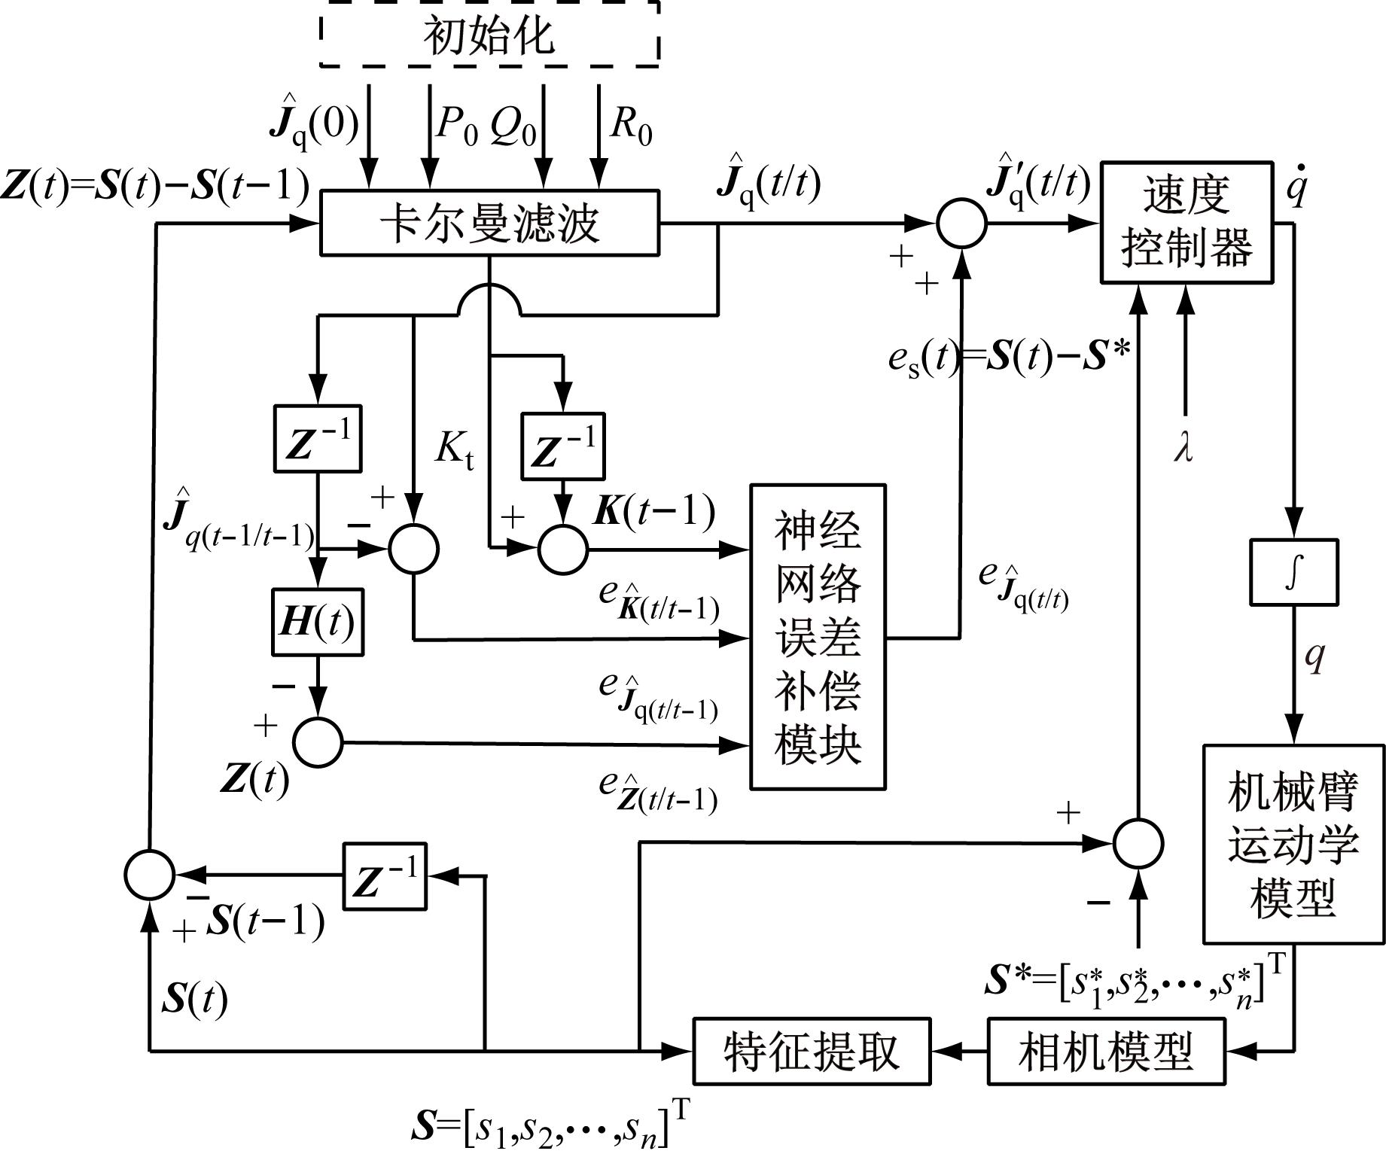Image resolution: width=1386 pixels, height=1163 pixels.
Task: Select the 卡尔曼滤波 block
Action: click(x=489, y=223)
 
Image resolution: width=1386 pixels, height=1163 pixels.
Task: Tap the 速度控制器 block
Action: click(x=1186, y=222)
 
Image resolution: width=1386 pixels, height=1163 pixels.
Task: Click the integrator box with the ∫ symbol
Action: click(x=1293, y=572)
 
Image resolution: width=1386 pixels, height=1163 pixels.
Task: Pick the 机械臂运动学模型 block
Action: click(x=1293, y=844)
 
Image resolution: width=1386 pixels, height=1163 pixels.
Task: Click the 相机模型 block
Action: click(x=1105, y=1051)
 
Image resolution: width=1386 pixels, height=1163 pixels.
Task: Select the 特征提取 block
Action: click(x=811, y=1051)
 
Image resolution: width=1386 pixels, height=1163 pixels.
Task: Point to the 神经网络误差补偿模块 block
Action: click(x=818, y=636)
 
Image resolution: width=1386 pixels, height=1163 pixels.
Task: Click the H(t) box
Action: click(x=317, y=622)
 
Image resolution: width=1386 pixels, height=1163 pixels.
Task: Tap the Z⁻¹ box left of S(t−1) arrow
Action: click(x=385, y=876)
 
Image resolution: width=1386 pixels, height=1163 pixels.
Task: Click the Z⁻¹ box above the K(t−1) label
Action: click(x=563, y=446)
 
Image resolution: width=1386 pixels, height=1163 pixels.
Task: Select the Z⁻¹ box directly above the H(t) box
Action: click(x=317, y=440)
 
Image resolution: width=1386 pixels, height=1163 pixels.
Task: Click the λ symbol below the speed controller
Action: click(x=1184, y=448)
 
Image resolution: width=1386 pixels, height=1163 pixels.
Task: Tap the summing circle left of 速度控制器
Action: click(x=961, y=224)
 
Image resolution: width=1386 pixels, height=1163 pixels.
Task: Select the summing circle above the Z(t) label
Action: click(x=317, y=742)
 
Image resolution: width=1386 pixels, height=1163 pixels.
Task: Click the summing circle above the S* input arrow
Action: click(x=1138, y=843)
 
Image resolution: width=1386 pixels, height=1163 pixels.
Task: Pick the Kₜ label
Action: click(x=454, y=452)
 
